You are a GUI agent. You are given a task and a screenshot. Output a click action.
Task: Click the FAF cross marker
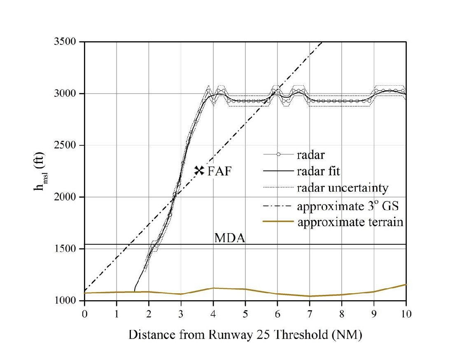[x=199, y=170]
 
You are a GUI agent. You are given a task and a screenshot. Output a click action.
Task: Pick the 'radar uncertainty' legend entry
[x=342, y=188]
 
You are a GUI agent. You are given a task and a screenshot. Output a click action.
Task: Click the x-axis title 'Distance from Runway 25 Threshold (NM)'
[x=245, y=335]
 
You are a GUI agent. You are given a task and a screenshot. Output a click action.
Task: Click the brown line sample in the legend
[x=278, y=222]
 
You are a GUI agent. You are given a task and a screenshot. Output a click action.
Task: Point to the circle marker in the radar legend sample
[x=278, y=154]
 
